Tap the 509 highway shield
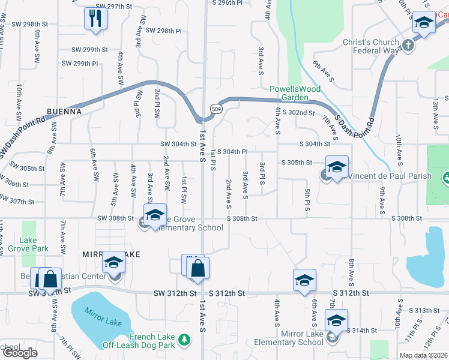216,108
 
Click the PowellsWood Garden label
295,93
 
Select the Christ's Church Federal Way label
370,46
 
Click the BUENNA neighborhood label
64,112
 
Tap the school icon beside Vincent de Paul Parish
337,167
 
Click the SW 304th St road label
178,144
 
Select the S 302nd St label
299,113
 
